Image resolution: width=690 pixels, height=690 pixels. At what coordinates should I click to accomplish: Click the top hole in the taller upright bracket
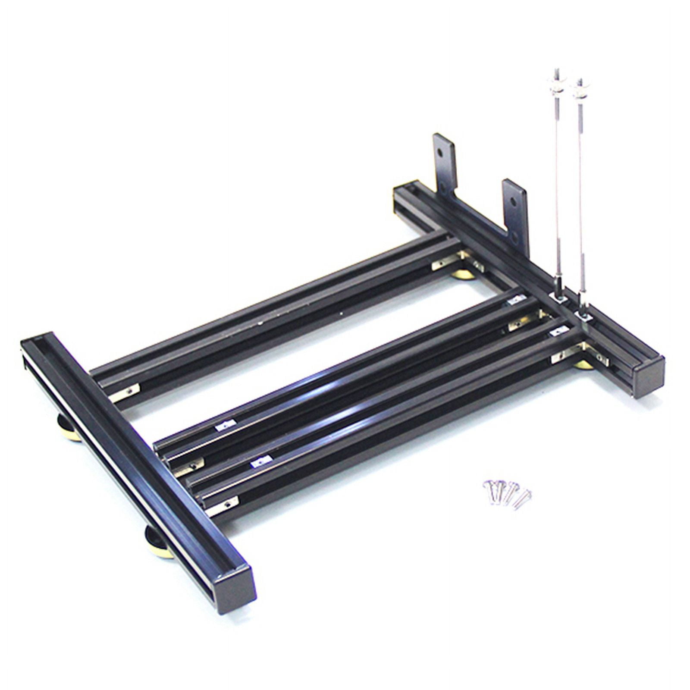click(x=439, y=152)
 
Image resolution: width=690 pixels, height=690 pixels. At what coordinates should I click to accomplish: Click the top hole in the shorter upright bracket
click(x=512, y=201)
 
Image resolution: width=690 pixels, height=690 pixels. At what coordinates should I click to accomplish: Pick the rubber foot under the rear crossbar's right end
click(x=583, y=365)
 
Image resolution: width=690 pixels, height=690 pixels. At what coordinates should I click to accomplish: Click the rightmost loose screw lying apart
click(x=524, y=501)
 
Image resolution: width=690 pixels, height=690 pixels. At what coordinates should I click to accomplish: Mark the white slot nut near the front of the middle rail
click(x=226, y=426)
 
